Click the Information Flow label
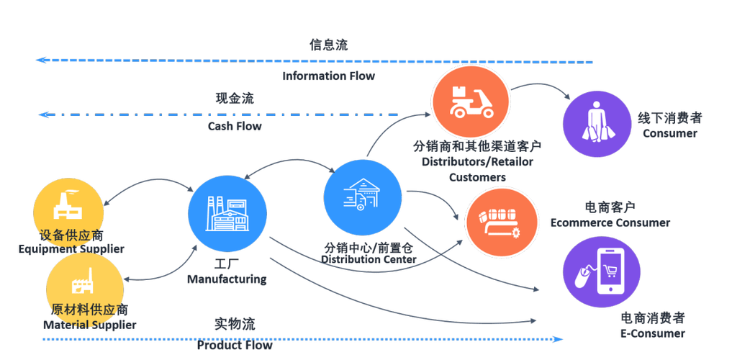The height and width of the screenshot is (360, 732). (x=328, y=76)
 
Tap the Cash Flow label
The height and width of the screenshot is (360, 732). (x=235, y=126)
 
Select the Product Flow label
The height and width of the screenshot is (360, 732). (x=235, y=346)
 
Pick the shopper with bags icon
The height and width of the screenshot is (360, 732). (x=597, y=125)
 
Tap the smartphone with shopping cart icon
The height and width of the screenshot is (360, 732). (x=601, y=271)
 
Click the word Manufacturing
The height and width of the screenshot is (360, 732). (x=227, y=279)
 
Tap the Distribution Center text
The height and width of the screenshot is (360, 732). (x=369, y=259)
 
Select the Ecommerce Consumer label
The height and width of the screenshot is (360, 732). (x=610, y=222)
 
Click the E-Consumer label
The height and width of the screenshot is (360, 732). (x=653, y=333)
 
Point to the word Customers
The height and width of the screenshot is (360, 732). (x=477, y=177)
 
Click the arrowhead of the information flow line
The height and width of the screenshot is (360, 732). (x=40, y=60)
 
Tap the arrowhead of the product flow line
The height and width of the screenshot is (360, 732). (x=559, y=339)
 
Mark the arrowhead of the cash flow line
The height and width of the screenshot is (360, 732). (x=42, y=114)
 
